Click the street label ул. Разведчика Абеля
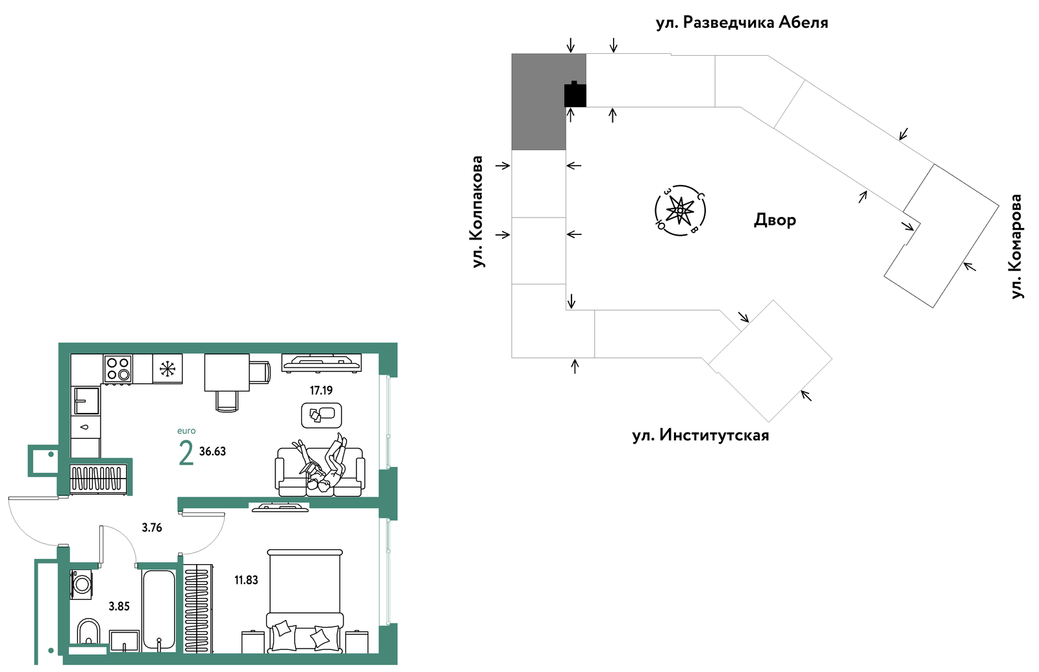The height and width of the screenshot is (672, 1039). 742,22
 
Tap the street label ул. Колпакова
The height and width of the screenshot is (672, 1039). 477,212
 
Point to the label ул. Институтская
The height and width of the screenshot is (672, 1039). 701,436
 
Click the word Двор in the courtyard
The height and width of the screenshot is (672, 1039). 775,219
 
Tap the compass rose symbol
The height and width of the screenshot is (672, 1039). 680,211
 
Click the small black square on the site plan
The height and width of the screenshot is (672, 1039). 575,94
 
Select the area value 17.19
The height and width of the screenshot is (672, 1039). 321,390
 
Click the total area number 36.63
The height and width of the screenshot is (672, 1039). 212,451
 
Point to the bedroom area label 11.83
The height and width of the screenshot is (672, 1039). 246,580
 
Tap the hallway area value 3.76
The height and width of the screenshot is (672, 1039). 152,528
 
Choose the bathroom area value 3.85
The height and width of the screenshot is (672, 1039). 119,606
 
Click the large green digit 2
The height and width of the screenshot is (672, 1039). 186,453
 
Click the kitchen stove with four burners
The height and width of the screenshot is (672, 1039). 118,369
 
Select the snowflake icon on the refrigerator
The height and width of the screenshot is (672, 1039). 167,369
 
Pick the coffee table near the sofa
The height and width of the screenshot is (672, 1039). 321,415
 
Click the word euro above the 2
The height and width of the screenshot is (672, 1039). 186,431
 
